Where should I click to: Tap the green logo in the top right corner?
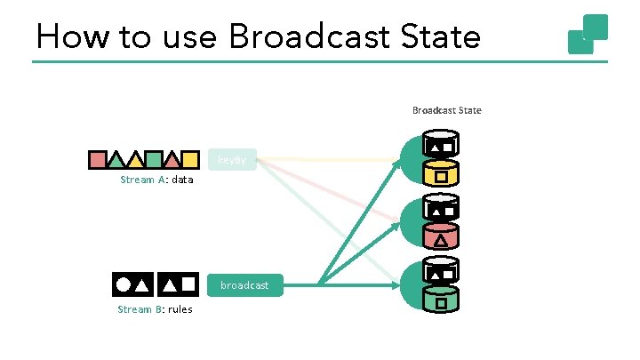pos(588,34)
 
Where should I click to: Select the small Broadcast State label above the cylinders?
pos(446,110)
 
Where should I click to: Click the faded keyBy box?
pos(233,160)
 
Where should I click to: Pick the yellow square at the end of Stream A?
pos(188,160)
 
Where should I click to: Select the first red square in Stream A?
pos(97,160)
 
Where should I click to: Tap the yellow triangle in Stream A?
pos(134,161)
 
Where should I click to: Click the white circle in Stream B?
pos(122,284)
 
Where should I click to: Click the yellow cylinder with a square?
pos(441,175)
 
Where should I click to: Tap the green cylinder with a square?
pos(441,301)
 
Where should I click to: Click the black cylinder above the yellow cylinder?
pos(441,144)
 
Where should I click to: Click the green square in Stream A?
pos(153,160)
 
